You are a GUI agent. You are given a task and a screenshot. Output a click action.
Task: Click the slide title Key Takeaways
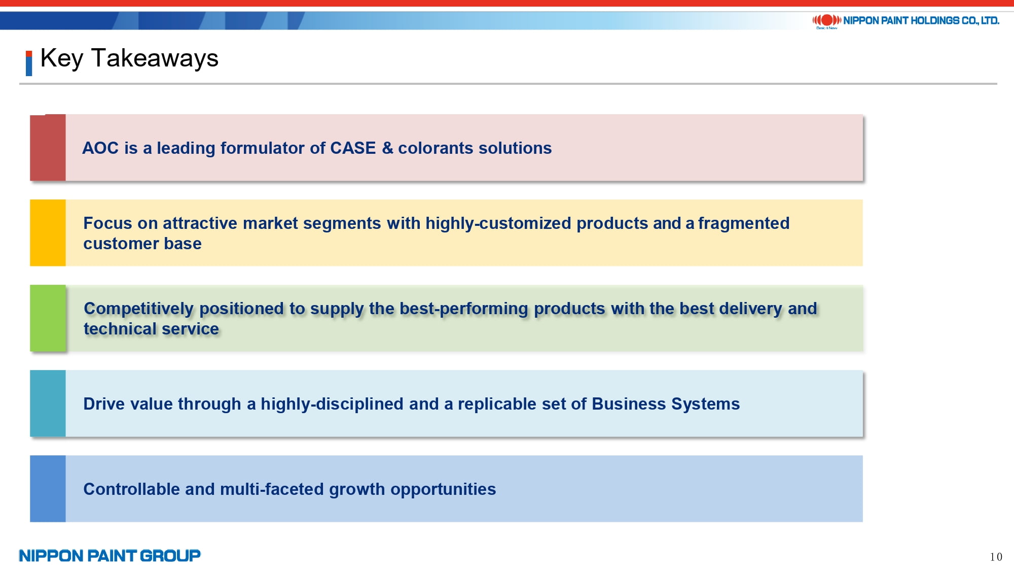[129, 58]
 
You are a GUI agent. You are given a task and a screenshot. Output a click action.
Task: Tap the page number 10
[996, 557]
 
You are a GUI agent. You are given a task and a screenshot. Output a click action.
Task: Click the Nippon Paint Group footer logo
[110, 556]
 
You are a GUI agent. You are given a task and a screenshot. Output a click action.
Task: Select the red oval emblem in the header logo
[827, 20]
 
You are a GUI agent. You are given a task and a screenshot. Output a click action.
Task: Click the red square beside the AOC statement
[48, 148]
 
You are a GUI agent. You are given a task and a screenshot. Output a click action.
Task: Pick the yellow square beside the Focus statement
[48, 233]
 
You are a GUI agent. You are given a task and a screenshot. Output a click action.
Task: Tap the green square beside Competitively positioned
[48, 318]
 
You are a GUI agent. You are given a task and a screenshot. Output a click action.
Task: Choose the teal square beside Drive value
[48, 404]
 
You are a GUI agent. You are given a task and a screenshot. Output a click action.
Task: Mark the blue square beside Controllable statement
[48, 489]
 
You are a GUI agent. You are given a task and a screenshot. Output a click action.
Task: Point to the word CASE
[353, 148]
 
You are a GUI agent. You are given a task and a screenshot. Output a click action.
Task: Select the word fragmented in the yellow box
[744, 223]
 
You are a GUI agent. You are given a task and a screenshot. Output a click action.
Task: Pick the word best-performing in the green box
[464, 309]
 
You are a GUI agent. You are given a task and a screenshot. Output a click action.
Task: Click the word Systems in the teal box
[705, 404]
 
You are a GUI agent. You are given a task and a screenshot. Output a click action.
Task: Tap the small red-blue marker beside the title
[29, 63]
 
